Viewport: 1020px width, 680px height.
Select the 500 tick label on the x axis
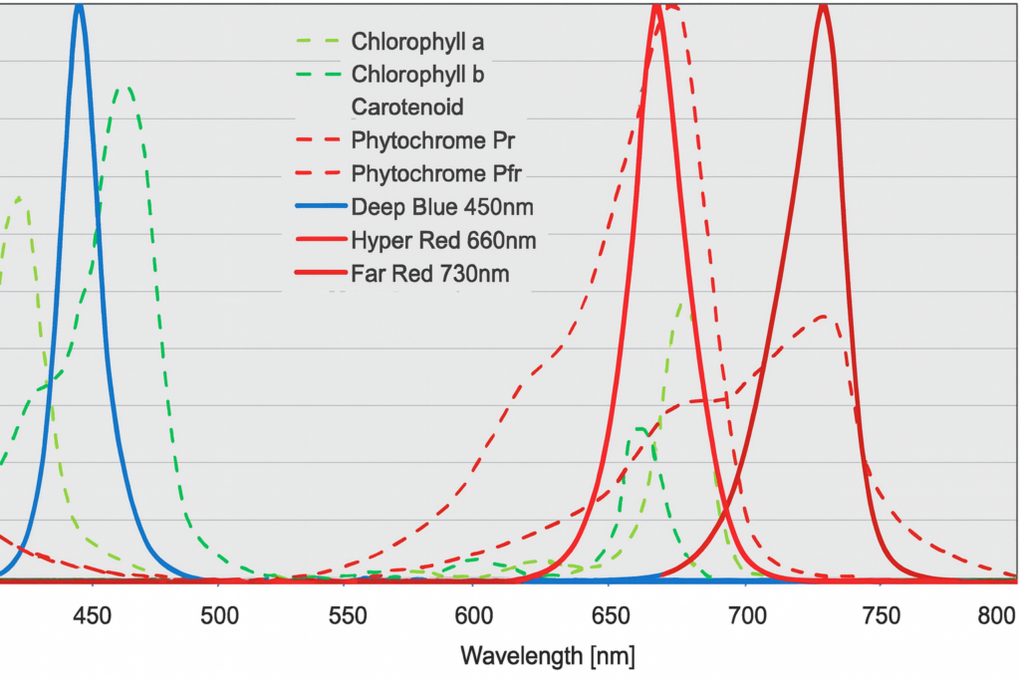218,618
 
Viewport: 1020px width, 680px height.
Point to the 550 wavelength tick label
344,618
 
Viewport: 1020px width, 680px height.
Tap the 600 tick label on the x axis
470,618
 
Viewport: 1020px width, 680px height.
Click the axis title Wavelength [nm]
547,656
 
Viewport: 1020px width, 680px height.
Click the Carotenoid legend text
407,107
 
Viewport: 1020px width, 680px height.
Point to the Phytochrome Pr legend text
433,139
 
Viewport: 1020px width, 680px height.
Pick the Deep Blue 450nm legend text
441,207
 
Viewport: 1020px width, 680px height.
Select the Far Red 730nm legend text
430,274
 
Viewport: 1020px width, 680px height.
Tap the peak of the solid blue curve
80,5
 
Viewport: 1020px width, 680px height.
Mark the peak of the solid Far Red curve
823,6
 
